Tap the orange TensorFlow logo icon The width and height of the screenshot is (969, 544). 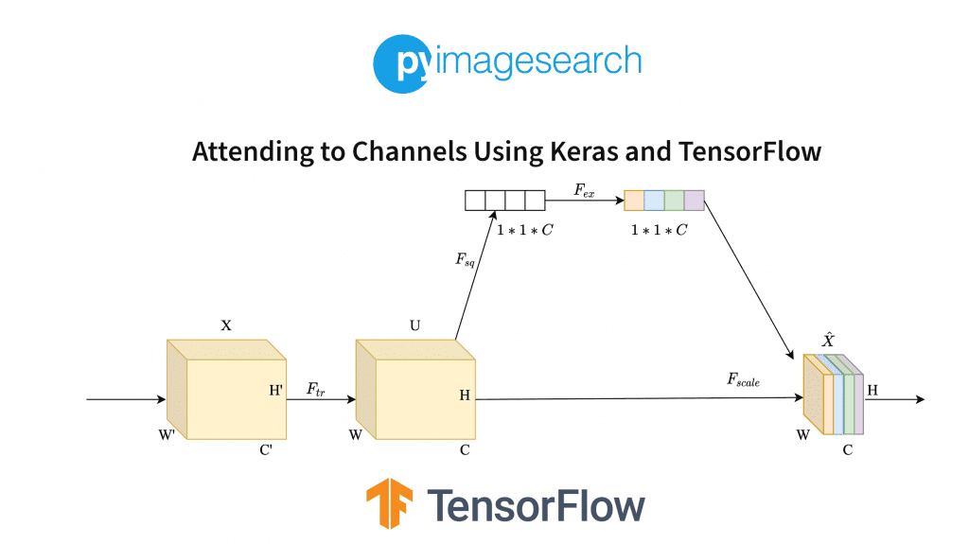(391, 503)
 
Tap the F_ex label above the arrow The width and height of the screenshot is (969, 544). (585, 189)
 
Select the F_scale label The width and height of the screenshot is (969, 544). (744, 379)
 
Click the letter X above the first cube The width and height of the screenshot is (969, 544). (225, 325)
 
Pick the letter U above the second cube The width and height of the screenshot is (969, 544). (414, 325)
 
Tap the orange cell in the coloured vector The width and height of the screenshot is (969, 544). (634, 201)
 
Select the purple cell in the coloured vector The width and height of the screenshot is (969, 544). (694, 201)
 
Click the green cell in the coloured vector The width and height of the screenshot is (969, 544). (674, 201)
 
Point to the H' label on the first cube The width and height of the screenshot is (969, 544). (276, 390)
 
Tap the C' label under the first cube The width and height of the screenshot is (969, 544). (267, 450)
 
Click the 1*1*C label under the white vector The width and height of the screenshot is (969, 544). (525, 229)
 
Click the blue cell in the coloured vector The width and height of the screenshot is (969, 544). (654, 201)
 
